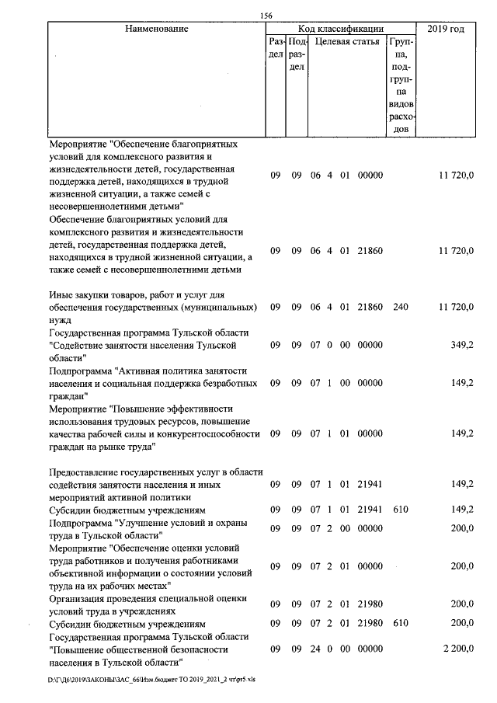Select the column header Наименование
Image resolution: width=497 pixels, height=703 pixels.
tap(155, 29)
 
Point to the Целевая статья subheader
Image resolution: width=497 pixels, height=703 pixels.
tap(347, 41)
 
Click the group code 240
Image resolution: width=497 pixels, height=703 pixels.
tap(401, 307)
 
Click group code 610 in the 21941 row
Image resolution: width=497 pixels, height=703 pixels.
tap(401, 510)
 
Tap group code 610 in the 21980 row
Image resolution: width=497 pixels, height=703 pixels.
tap(401, 624)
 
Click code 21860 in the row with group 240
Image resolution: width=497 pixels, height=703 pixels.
tap(370, 307)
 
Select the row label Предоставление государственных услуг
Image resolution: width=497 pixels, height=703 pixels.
tap(156, 472)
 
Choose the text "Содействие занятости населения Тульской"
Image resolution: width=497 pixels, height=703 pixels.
tap(142, 345)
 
